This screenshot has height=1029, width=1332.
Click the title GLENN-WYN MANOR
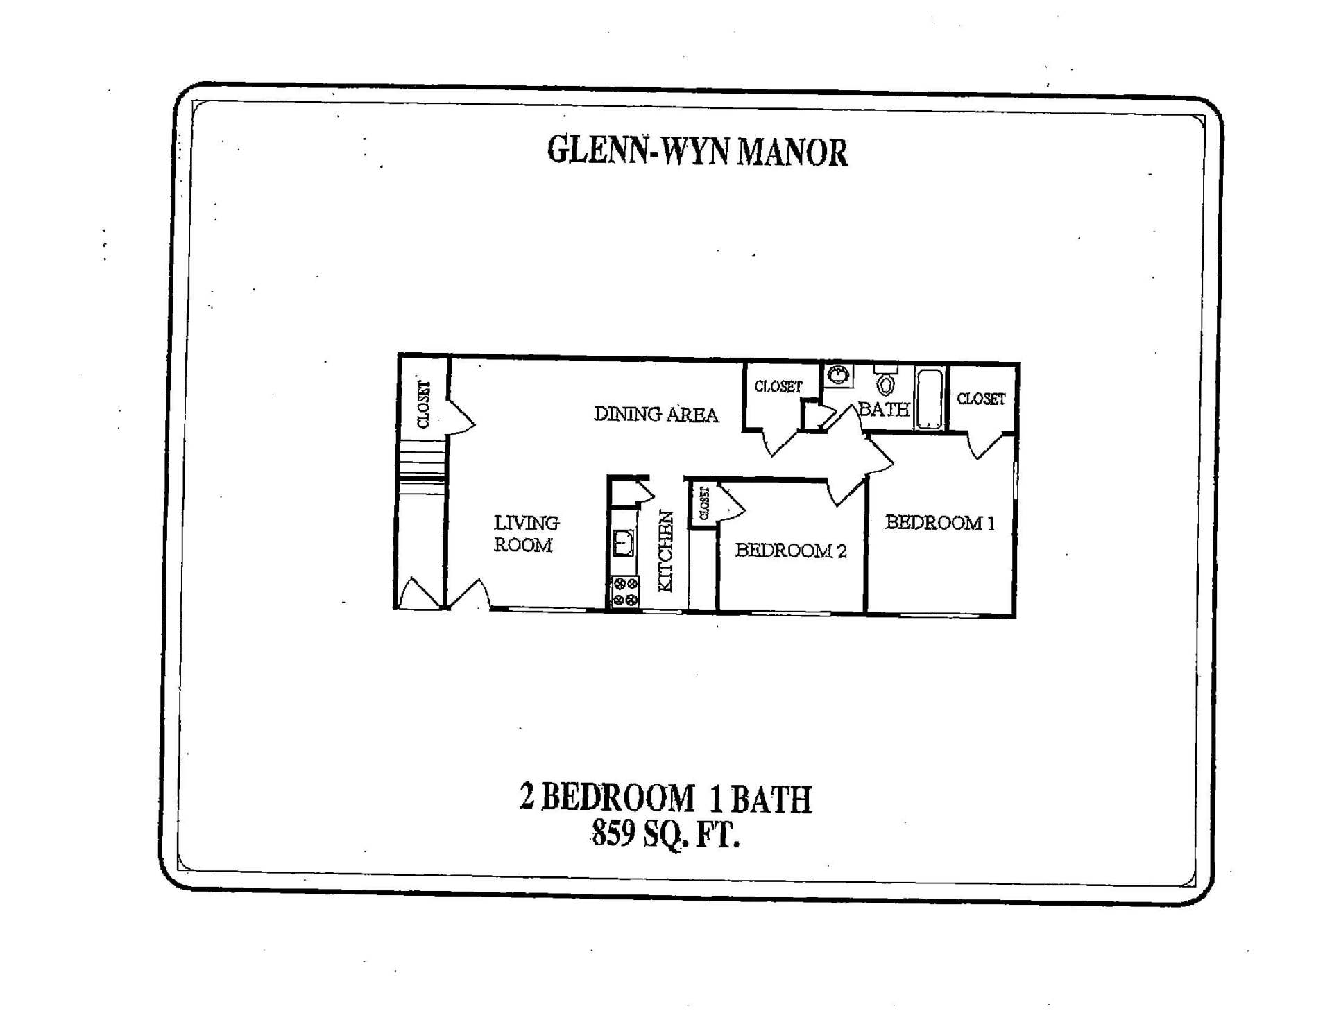pos(697,151)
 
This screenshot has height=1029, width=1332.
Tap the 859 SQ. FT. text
pos(665,833)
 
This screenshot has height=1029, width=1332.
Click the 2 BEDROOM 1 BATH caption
pos(665,798)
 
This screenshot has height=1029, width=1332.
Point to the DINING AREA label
pos(656,414)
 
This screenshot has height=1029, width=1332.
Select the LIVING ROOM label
pos(525,533)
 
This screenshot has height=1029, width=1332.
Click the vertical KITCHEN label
pos(665,551)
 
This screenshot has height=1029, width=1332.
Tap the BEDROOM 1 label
pos(939,522)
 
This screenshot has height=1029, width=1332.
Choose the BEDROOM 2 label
pos(790,551)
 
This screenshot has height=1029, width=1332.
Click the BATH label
pos(883,409)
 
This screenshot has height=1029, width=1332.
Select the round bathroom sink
pos(838,376)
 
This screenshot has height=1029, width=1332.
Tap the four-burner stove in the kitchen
pos(624,592)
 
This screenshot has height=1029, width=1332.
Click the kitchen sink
pos(623,543)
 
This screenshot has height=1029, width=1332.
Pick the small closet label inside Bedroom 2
pos(704,503)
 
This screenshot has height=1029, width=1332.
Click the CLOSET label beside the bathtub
pos(980,399)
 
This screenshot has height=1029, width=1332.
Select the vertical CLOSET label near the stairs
pos(423,404)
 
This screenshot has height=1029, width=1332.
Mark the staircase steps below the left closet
pos(421,463)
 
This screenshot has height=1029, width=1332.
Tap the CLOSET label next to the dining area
pos(778,386)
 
